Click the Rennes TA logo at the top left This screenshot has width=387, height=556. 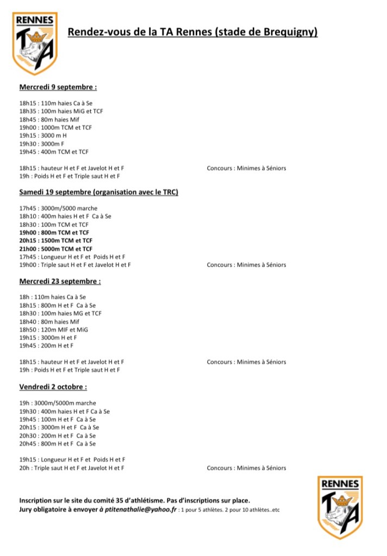[35, 43]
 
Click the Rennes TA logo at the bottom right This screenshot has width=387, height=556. [340, 507]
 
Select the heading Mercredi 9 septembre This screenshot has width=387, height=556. [58, 87]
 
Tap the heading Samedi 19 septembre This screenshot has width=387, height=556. [99, 192]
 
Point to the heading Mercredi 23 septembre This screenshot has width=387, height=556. [60, 281]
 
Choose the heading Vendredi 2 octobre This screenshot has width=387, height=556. [53, 387]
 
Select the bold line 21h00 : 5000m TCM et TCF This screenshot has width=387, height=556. [55, 249]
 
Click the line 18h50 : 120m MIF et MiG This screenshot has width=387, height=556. [53, 330]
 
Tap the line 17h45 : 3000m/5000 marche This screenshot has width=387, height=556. [58, 208]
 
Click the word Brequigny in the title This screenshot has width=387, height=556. [289, 33]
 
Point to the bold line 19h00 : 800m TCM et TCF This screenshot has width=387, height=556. [54, 232]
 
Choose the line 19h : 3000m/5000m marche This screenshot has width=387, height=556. [58, 403]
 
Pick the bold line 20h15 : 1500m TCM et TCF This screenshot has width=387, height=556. [55, 241]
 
